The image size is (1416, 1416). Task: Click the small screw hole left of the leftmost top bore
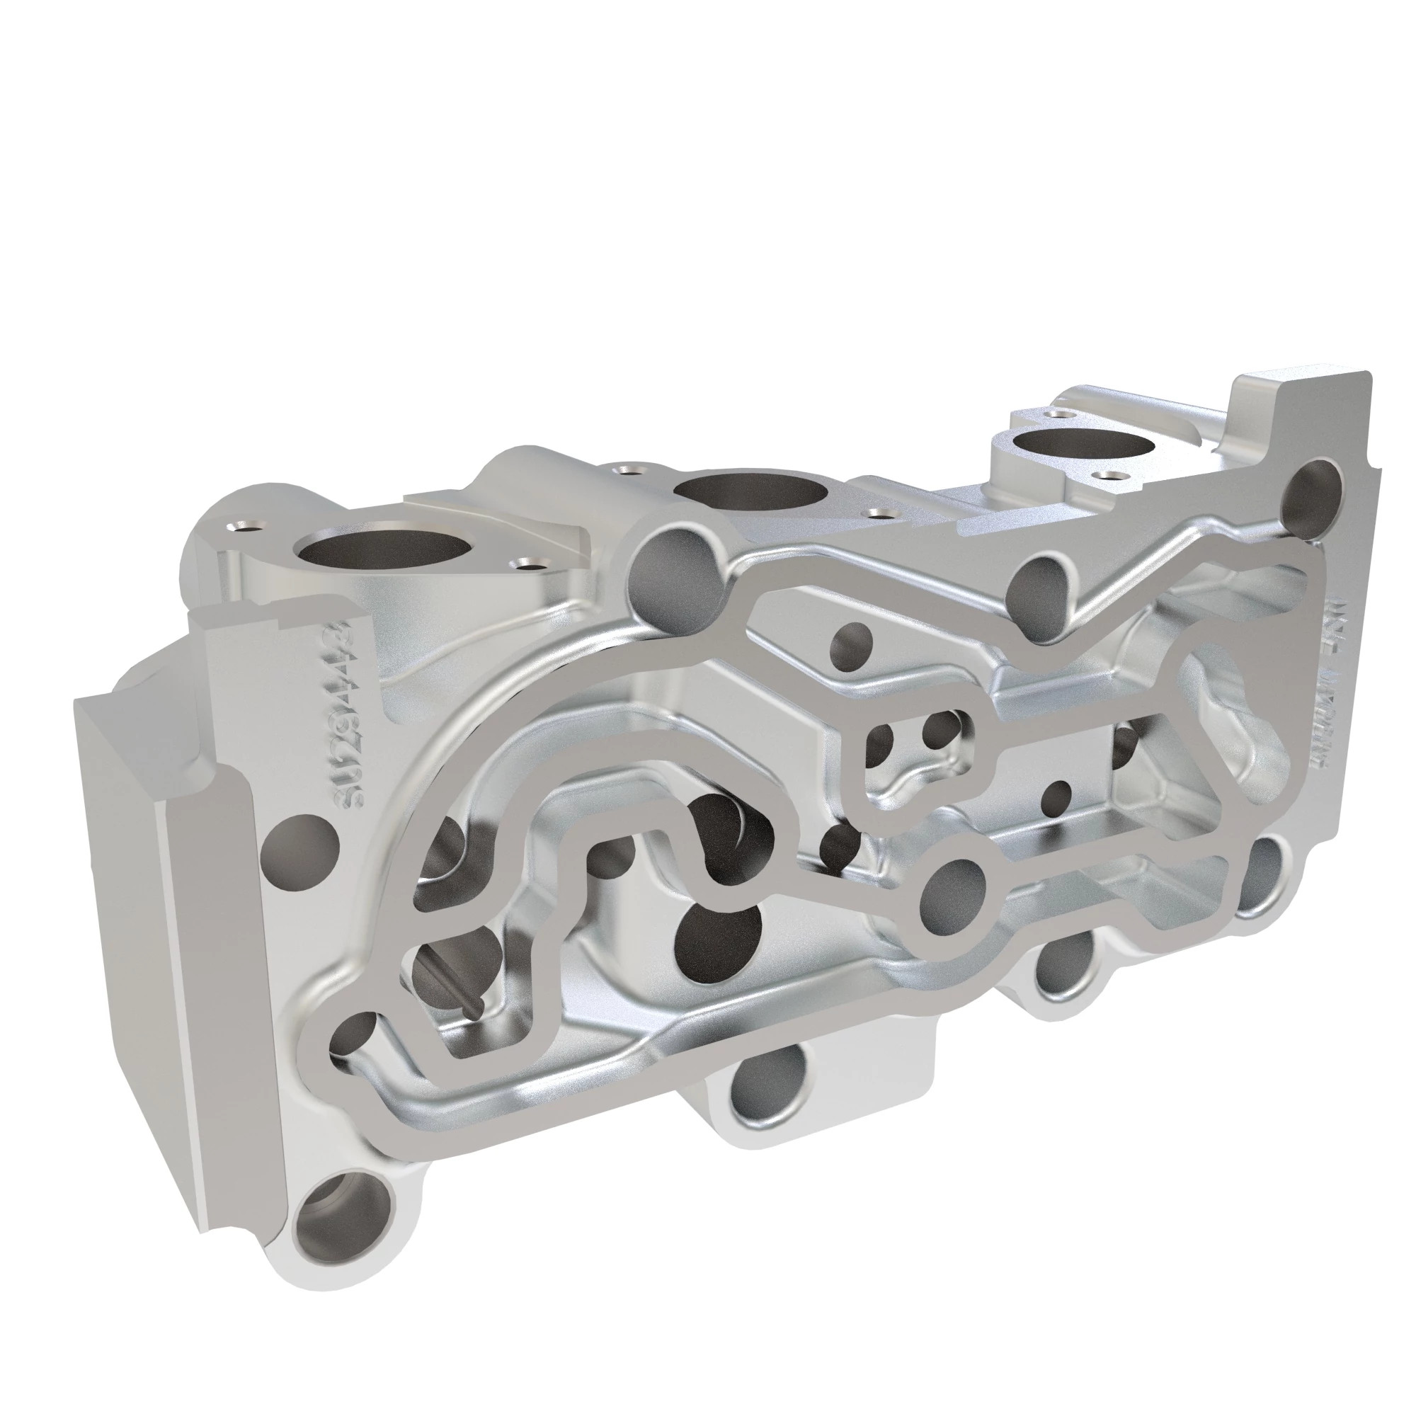click(243, 525)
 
